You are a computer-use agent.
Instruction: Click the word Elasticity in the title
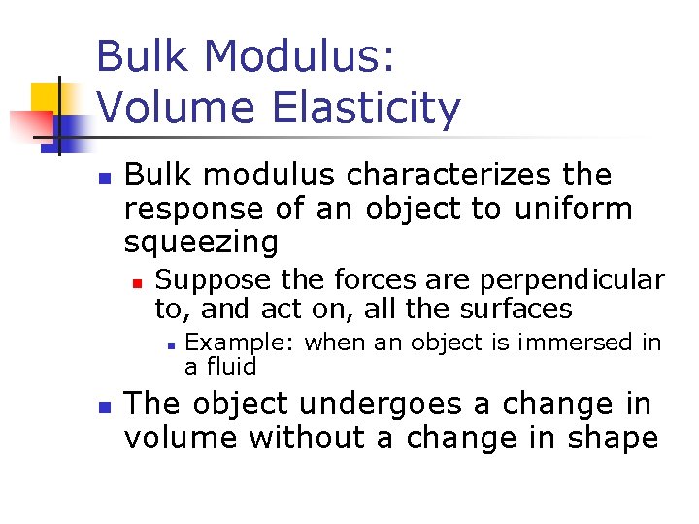point(366,109)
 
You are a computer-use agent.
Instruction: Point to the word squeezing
point(201,242)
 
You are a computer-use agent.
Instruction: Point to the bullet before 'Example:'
point(169,344)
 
